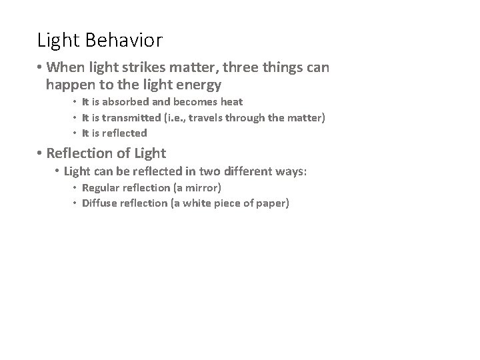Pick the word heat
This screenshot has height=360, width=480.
point(229,102)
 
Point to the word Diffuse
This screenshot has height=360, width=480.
point(99,203)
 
